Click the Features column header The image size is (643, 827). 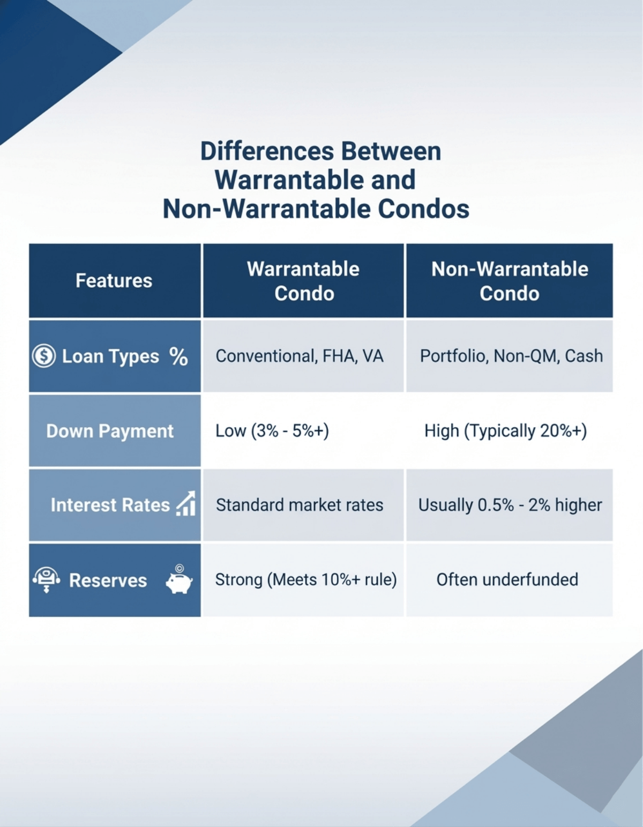(114, 281)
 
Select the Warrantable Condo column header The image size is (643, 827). (303, 281)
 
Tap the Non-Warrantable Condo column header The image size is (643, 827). (510, 281)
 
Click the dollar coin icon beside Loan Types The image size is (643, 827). (43, 356)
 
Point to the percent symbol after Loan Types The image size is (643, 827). (178, 356)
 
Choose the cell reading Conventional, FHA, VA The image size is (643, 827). (300, 356)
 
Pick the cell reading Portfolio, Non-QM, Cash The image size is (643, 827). (511, 356)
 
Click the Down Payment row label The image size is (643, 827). (110, 431)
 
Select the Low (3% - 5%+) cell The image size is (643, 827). (272, 431)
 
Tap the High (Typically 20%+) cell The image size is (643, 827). (505, 431)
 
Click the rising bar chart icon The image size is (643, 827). (186, 504)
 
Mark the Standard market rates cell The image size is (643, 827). (300, 505)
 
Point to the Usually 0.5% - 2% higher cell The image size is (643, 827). (510, 505)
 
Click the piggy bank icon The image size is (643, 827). (179, 580)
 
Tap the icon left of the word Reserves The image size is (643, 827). (46, 579)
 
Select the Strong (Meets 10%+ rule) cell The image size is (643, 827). (306, 579)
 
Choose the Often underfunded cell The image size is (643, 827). (507, 579)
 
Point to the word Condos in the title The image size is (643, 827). (423, 208)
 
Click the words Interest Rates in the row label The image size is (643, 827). (110, 505)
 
